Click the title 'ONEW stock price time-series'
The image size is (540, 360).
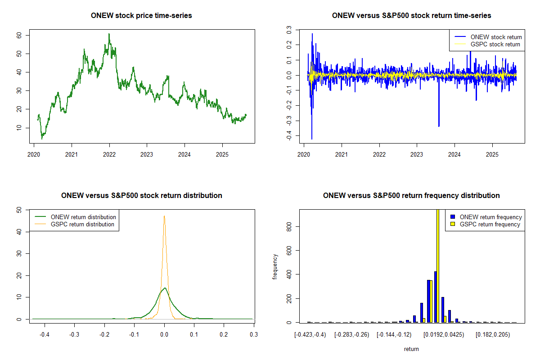tap(141, 16)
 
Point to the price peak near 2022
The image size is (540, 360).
tap(108, 34)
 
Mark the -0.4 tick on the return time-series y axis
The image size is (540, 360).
tap(288, 136)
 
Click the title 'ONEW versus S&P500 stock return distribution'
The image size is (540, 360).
tap(141, 196)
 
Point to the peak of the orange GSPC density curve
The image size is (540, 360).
tap(164, 216)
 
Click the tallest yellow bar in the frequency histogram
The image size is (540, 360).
tap(437, 265)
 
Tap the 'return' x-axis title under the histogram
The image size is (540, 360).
tap(411, 349)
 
